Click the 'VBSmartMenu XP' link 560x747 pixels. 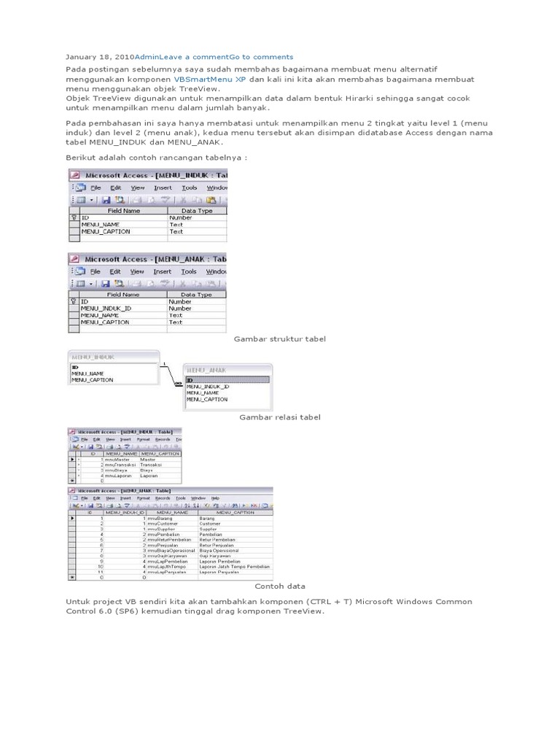coord(209,79)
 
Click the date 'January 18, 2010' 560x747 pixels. coord(100,57)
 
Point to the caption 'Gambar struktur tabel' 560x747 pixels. coord(279,339)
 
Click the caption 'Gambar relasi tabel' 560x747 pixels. coord(280,417)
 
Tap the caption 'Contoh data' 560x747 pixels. coord(280,586)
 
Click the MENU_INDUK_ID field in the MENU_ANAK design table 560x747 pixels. coord(106,309)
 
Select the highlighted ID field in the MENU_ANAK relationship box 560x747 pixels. coord(227,380)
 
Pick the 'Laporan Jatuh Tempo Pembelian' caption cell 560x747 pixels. coord(234,566)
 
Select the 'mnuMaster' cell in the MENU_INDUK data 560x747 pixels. coord(117,460)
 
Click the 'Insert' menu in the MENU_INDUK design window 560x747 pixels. coord(163,187)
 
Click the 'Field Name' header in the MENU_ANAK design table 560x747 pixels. coord(123,295)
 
